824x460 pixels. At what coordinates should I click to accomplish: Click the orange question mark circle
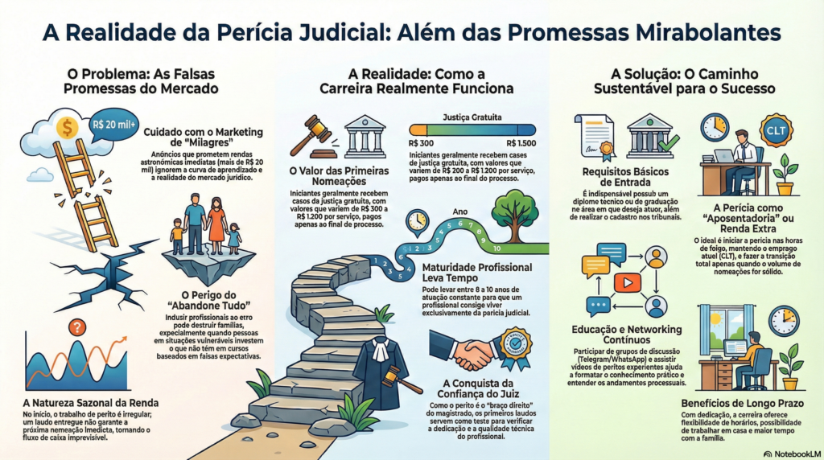click(78, 327)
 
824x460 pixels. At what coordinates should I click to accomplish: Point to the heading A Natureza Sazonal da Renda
click(90, 402)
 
